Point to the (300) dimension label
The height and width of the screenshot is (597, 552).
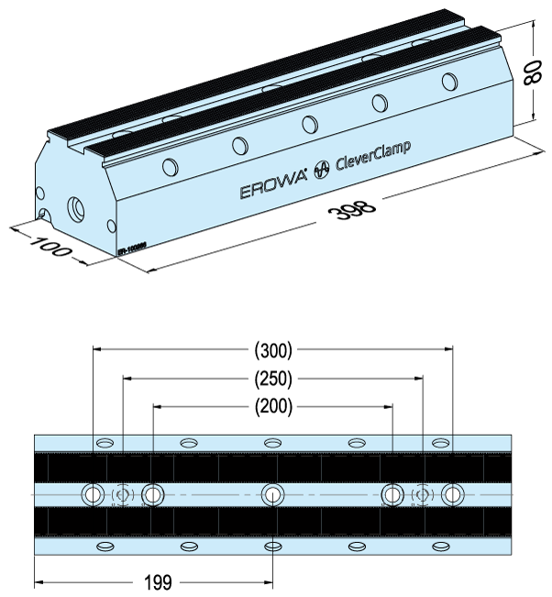271,349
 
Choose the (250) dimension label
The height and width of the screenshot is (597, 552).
271,377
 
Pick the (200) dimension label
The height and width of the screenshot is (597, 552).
271,404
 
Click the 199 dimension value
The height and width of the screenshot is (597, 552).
158,581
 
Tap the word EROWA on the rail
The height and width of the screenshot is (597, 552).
273,190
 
